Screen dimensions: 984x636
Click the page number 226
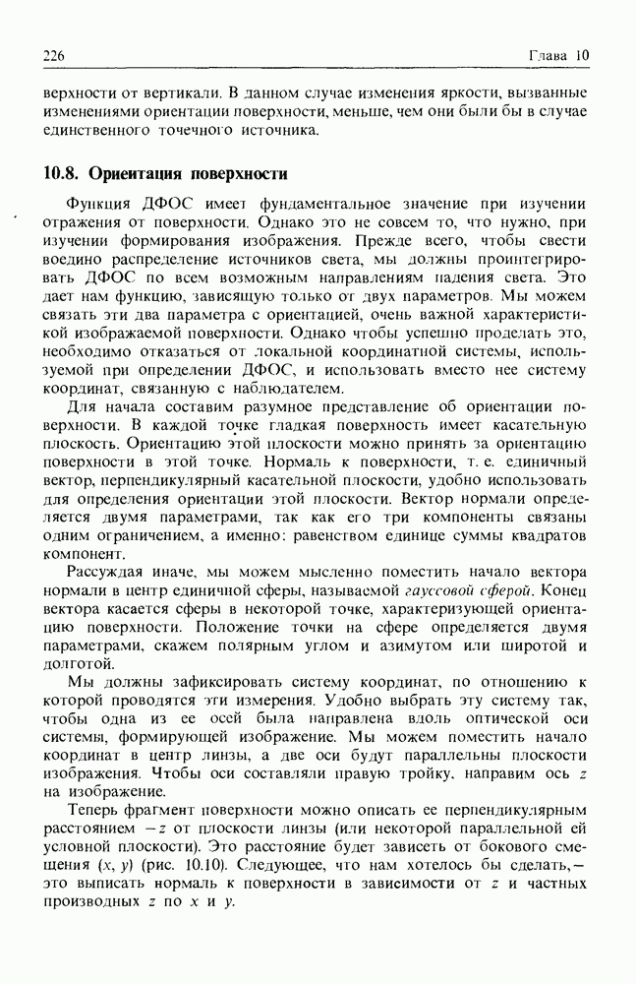pyautogui.click(x=53, y=56)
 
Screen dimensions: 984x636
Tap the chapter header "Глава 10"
pyautogui.click(x=557, y=56)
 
